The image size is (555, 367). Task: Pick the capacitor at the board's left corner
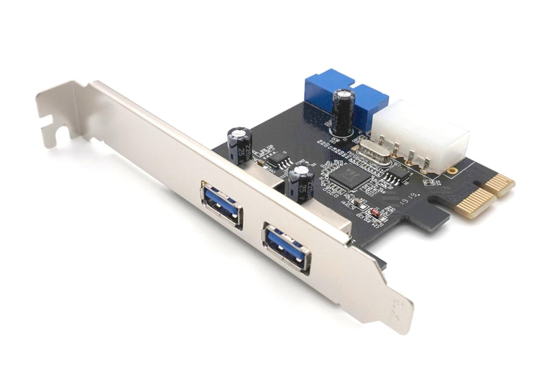[x=240, y=144]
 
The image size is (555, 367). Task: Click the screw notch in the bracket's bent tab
[x=47, y=123]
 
